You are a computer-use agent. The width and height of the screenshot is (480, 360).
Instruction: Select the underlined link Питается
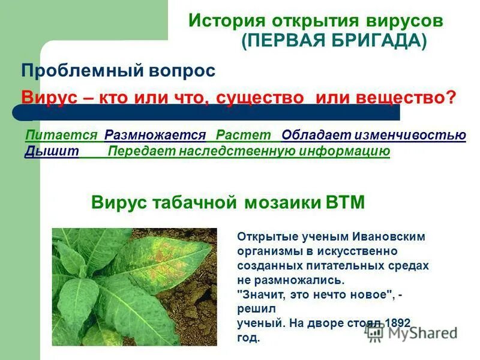pyautogui.click(x=61, y=136)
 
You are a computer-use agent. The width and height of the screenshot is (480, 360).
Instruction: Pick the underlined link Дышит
pyautogui.click(x=52, y=151)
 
